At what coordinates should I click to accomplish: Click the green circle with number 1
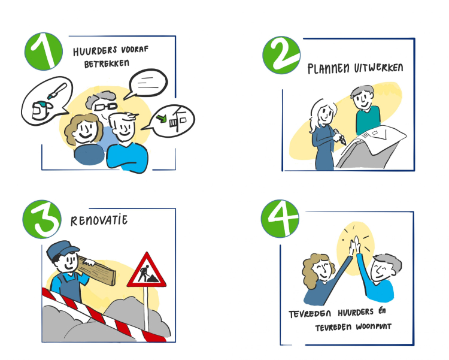(44, 52)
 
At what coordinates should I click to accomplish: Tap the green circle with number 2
(281, 55)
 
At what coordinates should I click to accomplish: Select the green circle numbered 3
(42, 219)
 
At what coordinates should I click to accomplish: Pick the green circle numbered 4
(280, 219)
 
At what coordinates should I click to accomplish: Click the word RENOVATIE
(99, 220)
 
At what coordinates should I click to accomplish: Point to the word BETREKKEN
(107, 63)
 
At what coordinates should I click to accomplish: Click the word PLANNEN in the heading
(329, 69)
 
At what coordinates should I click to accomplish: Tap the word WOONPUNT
(374, 326)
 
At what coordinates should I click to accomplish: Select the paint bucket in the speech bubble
(41, 110)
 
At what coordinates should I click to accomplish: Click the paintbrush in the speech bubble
(57, 91)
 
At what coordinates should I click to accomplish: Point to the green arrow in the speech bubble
(162, 118)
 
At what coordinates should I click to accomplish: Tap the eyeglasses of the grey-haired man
(105, 107)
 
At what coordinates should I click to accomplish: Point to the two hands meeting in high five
(354, 246)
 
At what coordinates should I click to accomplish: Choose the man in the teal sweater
(366, 110)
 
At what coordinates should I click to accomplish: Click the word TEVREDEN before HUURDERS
(310, 314)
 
